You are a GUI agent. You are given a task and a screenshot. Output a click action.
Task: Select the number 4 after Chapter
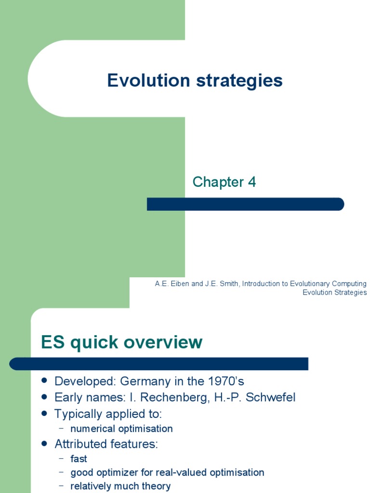coord(252,182)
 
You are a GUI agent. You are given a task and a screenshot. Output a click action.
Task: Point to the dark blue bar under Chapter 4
coord(245,204)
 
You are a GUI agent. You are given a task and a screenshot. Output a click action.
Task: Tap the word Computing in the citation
coord(350,284)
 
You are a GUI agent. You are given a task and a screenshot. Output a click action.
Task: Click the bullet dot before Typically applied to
coord(45,414)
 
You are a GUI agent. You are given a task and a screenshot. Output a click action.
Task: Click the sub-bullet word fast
coord(79,459)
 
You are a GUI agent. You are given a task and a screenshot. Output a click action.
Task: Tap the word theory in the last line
coord(157,486)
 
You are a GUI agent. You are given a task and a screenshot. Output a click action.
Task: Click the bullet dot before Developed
coord(45,381)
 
